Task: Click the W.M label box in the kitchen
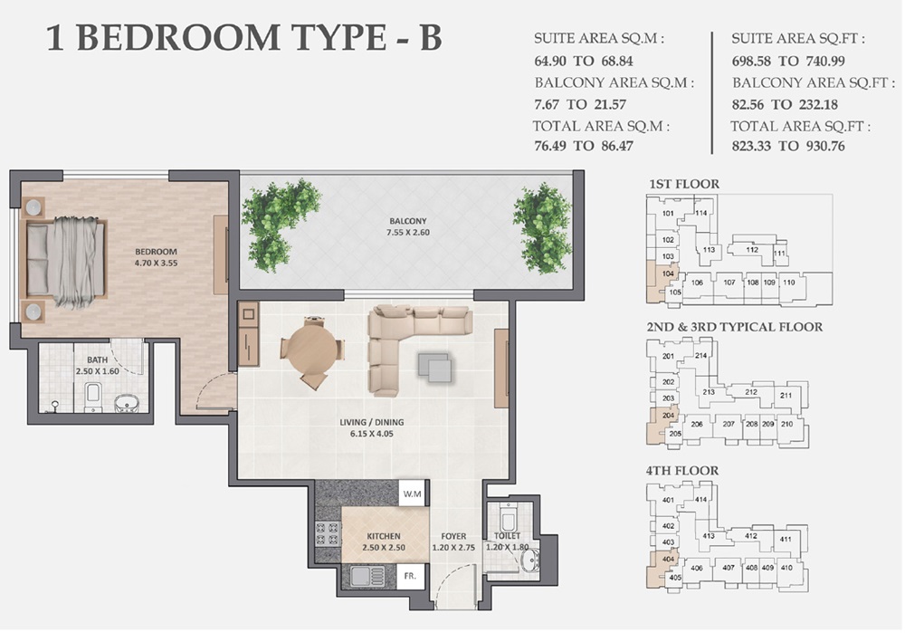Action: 413,494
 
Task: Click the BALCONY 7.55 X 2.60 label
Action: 408,227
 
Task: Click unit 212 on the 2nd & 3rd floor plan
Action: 750,392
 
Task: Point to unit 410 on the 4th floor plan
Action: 786,568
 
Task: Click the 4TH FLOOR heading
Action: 683,471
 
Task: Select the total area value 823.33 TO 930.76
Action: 787,146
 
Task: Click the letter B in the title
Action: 429,39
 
